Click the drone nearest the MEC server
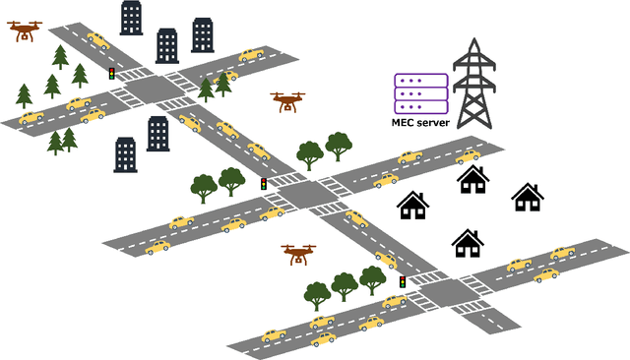[288, 100]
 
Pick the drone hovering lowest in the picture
[299, 254]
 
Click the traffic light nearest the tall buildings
[111, 74]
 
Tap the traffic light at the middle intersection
[263, 184]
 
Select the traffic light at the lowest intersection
[402, 282]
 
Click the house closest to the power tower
[473, 179]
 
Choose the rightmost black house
[529, 197]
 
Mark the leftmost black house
[413, 205]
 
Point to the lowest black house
[467, 242]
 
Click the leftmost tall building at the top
[130, 17]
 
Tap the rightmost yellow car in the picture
[562, 253]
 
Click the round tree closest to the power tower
[339, 146]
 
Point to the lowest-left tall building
[125, 152]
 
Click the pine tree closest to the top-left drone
[60, 56]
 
